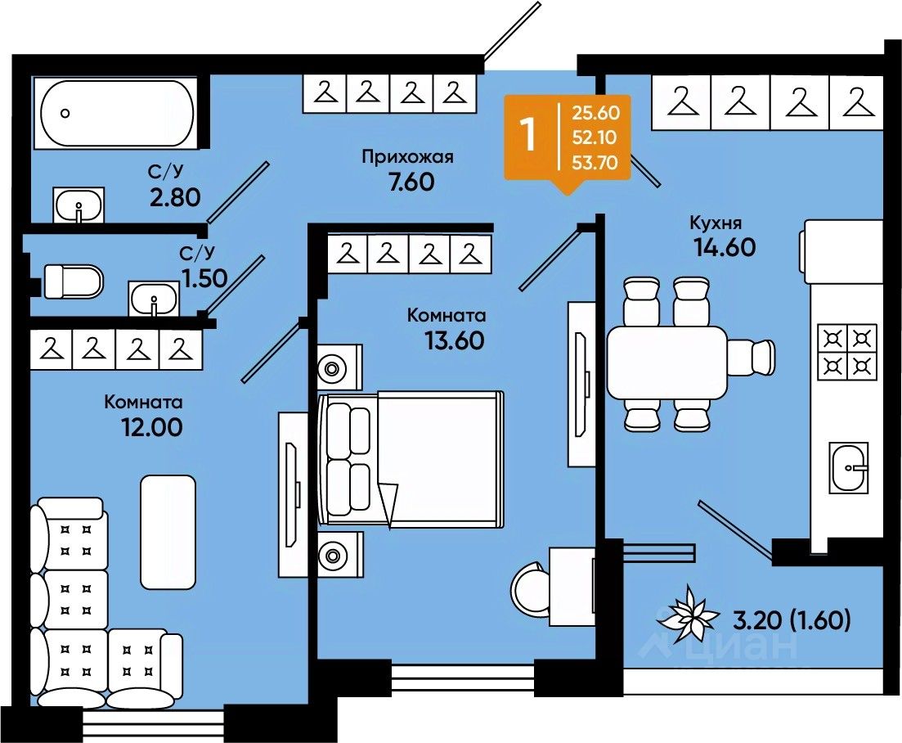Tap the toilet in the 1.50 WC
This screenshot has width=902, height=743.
73,281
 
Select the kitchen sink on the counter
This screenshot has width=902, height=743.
848,468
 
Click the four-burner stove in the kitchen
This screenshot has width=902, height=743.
846,352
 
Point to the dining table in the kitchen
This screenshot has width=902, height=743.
666,362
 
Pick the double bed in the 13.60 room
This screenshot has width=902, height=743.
411,459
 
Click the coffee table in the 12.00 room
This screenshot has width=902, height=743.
168,532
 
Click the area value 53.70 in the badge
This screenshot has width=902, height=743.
595,163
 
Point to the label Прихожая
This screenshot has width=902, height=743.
408,157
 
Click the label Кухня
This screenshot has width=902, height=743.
716,223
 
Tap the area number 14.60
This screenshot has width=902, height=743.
725,247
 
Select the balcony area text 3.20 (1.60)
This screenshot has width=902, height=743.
792,620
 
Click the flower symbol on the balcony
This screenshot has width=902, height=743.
688,615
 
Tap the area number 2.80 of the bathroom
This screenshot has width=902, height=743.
175,197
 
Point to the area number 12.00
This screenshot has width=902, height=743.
151,427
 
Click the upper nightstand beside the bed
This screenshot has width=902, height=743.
340,367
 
